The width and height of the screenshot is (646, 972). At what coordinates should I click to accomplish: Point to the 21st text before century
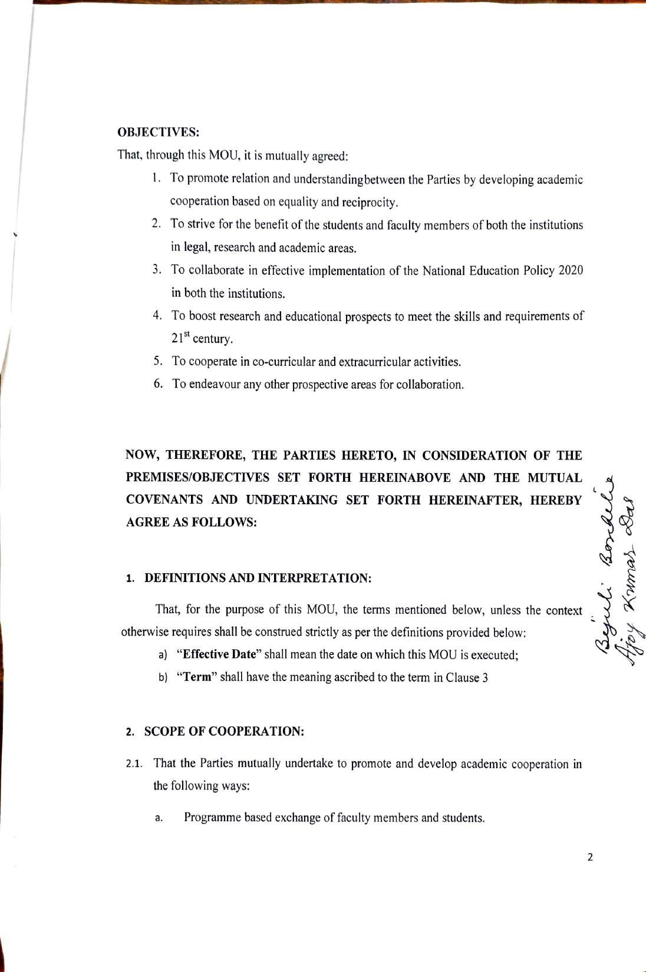pos(180,338)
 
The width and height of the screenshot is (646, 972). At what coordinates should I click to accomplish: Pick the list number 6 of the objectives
pos(158,384)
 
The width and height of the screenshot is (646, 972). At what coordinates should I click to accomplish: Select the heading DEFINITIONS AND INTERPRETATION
pos(258,578)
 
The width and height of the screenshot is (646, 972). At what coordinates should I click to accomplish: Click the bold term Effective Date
pos(219,654)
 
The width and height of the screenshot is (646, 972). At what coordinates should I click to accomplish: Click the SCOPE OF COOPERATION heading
pos(224,732)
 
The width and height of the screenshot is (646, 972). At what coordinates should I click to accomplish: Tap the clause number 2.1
pos(134,764)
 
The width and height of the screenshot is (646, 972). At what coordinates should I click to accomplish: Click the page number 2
pos(590,857)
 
